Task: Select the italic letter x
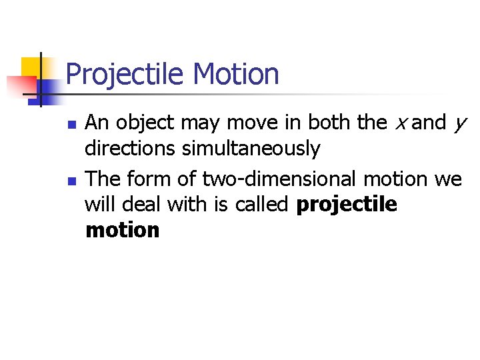pos(401,123)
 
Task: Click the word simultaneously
pos(251,149)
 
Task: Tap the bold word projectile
pos(347,205)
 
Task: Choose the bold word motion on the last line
pos(123,231)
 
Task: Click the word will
pos(99,205)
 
